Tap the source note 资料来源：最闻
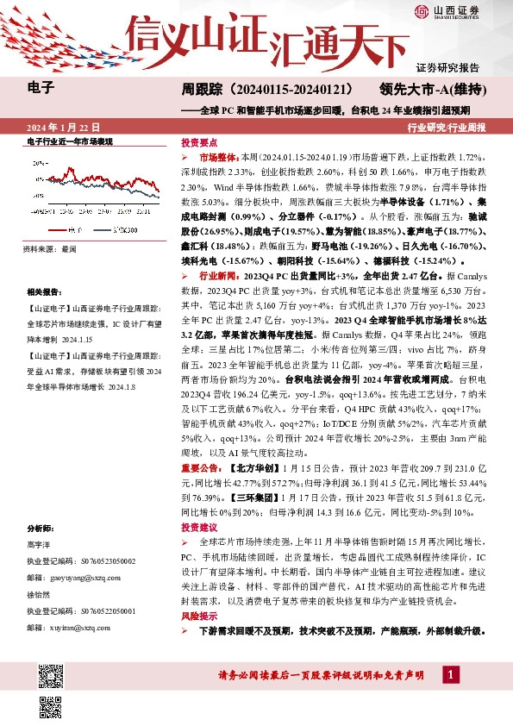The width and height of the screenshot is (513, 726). pos(50,247)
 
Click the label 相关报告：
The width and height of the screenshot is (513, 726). pos(43,292)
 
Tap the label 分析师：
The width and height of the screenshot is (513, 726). pos(41,527)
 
